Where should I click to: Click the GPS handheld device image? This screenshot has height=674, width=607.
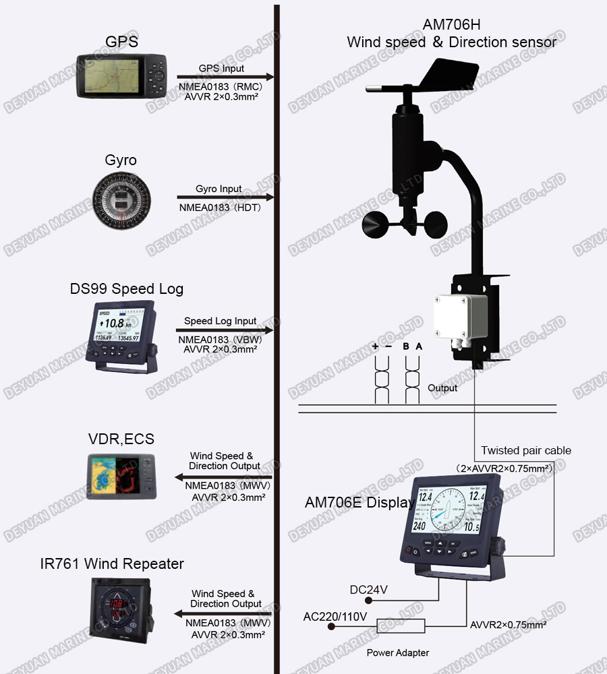[121, 75]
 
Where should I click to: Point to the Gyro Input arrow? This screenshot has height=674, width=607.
[225, 197]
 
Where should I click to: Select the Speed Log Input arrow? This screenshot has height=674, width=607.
[225, 330]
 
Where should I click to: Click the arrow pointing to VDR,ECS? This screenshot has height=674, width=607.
[223, 477]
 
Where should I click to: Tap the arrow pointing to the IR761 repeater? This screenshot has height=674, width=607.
[223, 614]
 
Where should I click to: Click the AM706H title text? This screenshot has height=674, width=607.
[451, 25]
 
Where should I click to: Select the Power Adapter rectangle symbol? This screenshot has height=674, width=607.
[401, 626]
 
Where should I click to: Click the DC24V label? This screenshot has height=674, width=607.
[368, 590]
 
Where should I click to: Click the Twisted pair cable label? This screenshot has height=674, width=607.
[525, 450]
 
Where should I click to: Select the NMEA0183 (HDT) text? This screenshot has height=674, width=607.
[220, 208]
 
